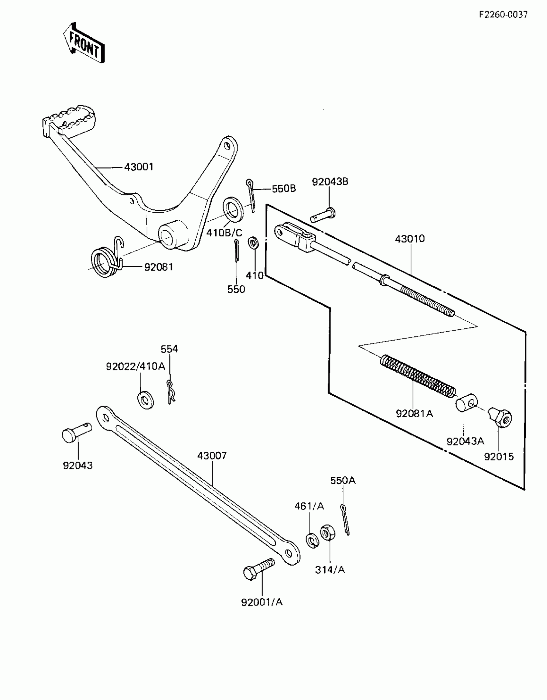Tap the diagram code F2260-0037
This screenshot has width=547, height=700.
(x=503, y=15)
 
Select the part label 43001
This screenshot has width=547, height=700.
(x=139, y=167)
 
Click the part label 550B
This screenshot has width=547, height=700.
(x=283, y=189)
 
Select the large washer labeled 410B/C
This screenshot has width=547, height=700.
(x=233, y=209)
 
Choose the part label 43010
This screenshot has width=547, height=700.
(x=410, y=239)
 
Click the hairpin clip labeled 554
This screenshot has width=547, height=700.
(x=171, y=391)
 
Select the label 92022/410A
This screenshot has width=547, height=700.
(x=135, y=366)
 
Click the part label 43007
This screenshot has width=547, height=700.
(x=212, y=456)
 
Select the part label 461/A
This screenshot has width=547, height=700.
(x=309, y=506)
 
